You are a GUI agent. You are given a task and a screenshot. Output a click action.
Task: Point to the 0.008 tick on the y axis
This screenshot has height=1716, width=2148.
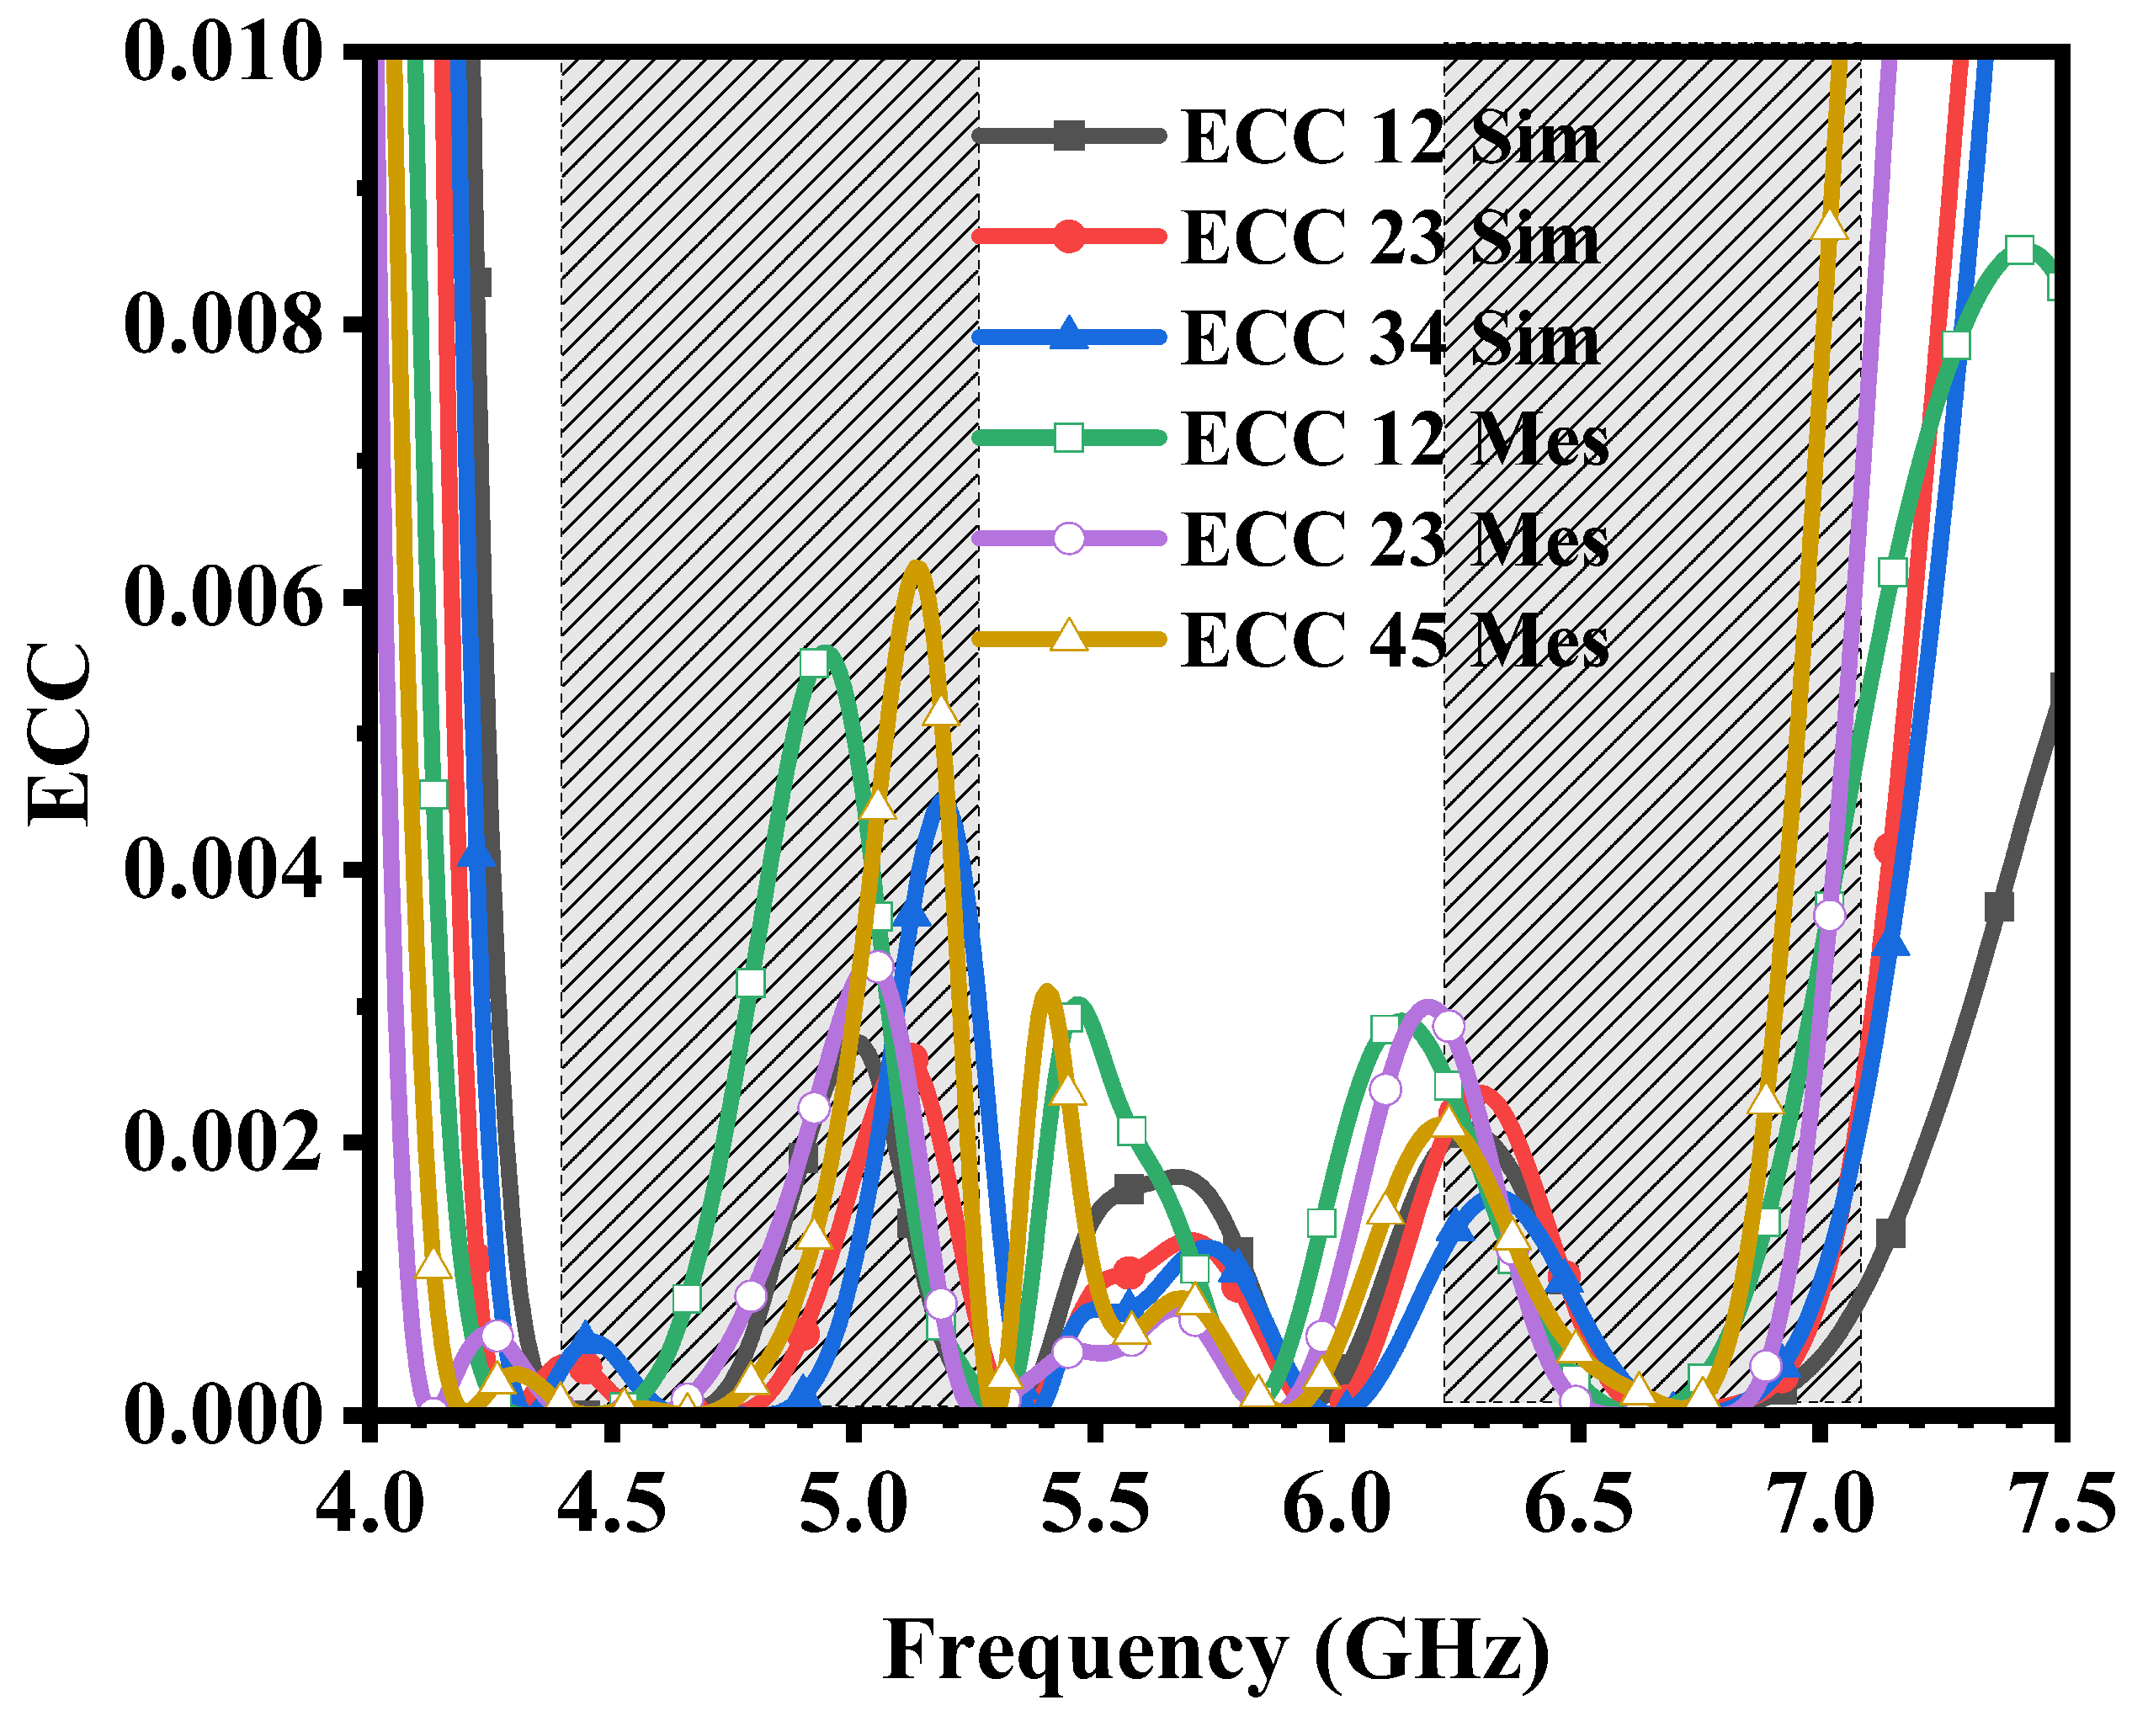coord(224,324)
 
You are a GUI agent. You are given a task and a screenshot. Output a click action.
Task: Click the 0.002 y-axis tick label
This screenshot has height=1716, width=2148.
coord(224,1141)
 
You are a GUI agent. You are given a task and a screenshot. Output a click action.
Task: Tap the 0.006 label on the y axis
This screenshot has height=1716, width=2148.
coord(224,598)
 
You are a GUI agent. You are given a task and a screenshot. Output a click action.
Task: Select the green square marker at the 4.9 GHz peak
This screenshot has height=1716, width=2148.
coord(814,662)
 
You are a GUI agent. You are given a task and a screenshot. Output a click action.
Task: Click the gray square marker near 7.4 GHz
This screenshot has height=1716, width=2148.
coord(1998,907)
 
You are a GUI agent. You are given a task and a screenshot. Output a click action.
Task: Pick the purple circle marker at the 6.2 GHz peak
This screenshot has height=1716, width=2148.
coord(1449,1026)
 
